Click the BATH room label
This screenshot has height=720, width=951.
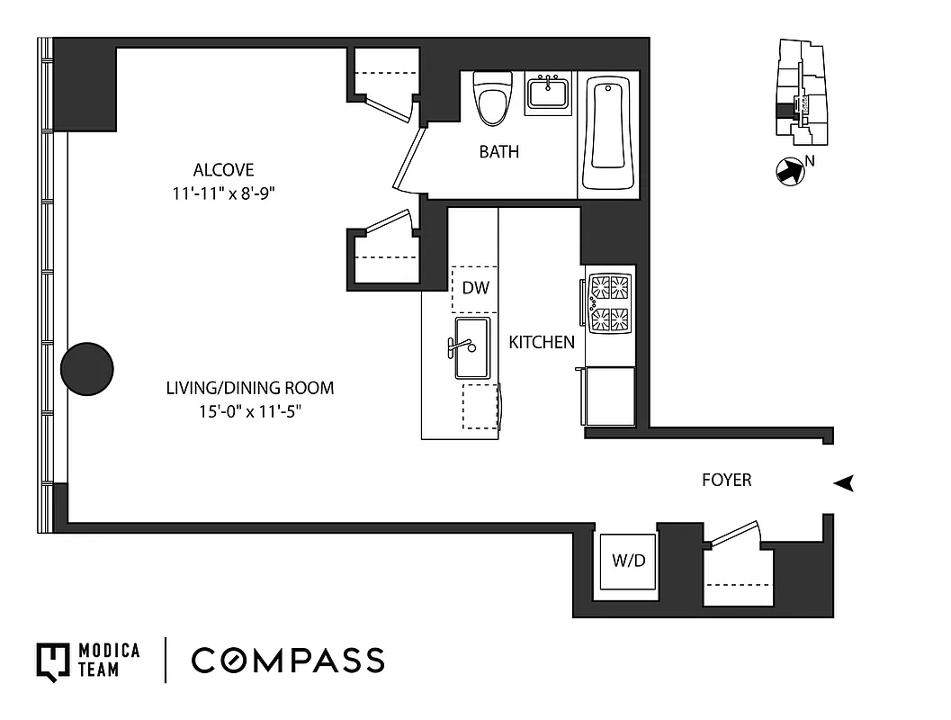(x=498, y=152)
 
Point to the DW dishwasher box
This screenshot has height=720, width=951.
(x=474, y=289)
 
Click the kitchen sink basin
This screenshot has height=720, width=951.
(x=472, y=347)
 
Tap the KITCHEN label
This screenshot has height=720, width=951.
(x=542, y=342)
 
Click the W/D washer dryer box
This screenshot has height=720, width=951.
(x=629, y=561)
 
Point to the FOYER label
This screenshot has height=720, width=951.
(x=726, y=481)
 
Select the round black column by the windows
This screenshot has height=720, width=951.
(x=87, y=368)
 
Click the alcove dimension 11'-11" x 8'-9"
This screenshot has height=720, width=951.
(x=223, y=193)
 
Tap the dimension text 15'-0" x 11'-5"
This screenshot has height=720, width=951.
(x=249, y=411)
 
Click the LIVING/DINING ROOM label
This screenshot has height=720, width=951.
(x=249, y=389)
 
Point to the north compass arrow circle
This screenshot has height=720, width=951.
(x=787, y=171)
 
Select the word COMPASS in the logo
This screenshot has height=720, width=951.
(x=288, y=661)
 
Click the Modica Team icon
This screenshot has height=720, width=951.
(x=52, y=661)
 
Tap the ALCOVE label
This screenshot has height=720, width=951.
(x=223, y=170)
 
